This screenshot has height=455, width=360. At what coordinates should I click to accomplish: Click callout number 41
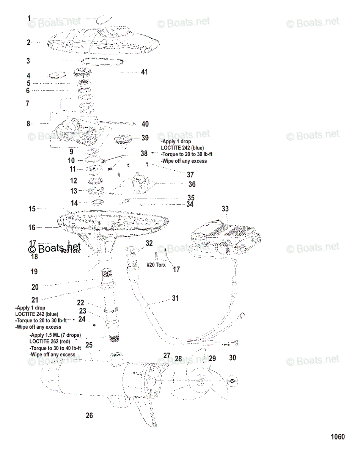144,72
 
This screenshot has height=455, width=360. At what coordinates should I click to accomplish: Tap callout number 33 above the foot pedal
225,209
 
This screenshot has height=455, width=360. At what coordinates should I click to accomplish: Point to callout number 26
89,416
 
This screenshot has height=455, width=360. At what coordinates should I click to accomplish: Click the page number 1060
338,437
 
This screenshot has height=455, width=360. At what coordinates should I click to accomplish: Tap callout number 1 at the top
29,18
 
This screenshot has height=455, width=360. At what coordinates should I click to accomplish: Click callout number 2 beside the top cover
28,42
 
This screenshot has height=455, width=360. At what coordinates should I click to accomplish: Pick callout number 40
145,124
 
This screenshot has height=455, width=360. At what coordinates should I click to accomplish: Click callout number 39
145,138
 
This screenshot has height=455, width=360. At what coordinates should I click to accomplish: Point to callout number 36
192,184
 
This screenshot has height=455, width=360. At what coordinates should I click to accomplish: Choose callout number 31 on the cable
175,298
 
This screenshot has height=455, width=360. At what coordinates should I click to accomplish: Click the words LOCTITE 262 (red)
50,341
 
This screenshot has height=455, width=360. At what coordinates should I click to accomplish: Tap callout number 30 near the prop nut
233,358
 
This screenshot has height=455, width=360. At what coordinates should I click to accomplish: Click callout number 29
212,358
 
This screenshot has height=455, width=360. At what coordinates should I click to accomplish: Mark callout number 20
35,287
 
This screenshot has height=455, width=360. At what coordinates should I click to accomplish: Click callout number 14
74,203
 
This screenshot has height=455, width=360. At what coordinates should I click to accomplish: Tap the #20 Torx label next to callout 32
156,265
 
